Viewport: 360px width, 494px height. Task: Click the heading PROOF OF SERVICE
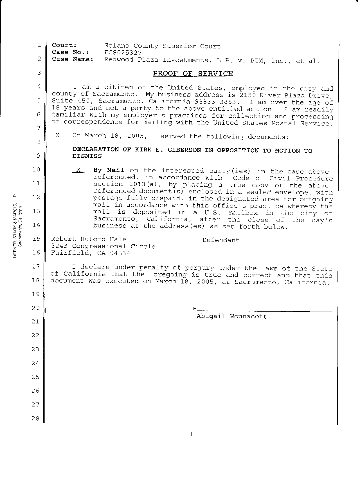[x=193, y=74]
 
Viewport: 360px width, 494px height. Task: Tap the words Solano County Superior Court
[x=162, y=46]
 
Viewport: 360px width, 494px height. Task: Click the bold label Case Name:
[x=73, y=59]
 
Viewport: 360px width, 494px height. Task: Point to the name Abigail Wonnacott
[x=231, y=316]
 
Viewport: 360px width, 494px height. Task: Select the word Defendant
[x=221, y=240]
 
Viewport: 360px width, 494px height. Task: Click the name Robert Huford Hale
[x=89, y=239]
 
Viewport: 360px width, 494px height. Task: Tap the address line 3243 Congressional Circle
[x=103, y=246]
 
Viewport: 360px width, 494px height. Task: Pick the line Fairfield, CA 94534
[x=91, y=253]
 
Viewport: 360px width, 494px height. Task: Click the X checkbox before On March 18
[x=58, y=135]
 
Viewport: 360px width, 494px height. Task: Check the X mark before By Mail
[x=79, y=170]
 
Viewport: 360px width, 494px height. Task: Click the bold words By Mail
[x=109, y=170]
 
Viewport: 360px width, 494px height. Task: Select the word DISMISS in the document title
[x=87, y=156]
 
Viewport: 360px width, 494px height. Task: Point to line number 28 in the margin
[x=35, y=418]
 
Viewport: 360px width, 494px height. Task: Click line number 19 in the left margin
[x=35, y=294]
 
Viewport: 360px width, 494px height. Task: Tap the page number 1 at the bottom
[x=191, y=434]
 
